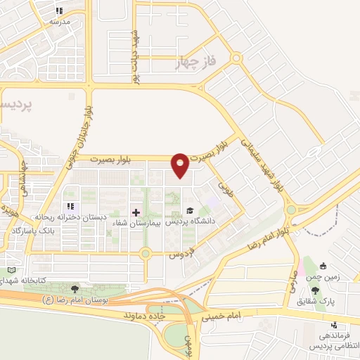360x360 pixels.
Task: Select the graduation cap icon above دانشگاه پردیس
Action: [189, 211]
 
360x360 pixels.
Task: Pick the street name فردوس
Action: [179, 255]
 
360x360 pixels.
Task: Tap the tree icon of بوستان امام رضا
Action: [75, 289]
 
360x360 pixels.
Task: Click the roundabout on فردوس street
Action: [146, 253]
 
